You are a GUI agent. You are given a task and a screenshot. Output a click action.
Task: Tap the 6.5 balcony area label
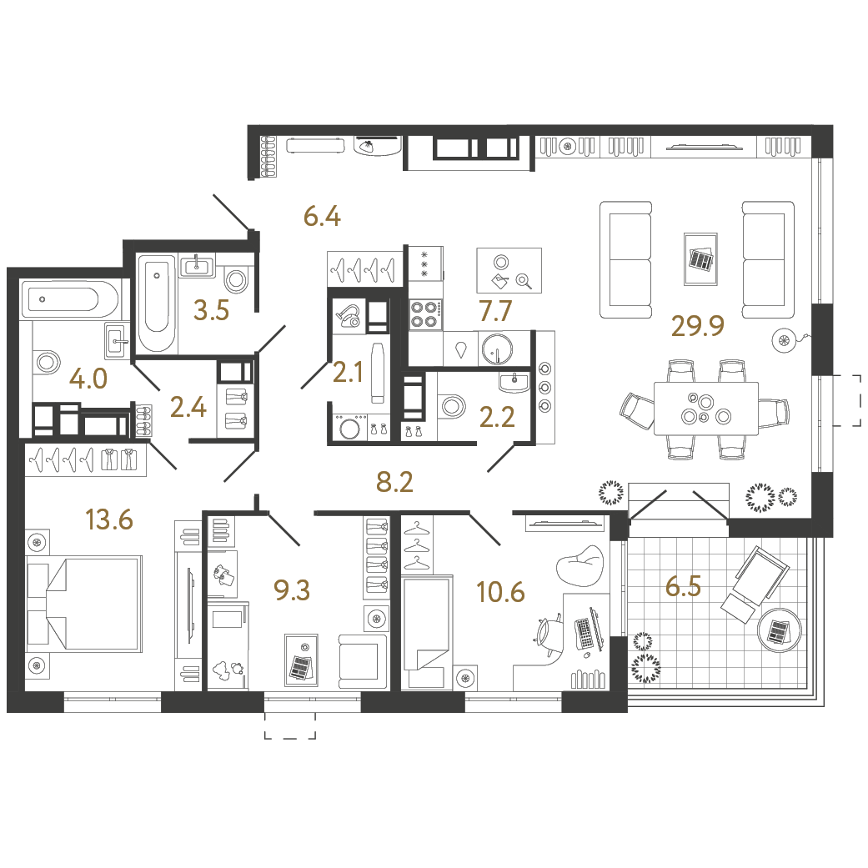tap(683, 586)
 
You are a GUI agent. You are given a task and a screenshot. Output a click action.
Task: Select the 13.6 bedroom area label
tap(109, 520)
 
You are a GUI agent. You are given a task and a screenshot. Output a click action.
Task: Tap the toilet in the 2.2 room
tap(451, 407)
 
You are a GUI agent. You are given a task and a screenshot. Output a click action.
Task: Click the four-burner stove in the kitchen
tap(424, 314)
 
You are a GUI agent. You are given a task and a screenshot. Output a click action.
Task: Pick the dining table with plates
tap(705, 408)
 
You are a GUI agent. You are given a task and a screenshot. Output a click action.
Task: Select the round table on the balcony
tap(780, 631)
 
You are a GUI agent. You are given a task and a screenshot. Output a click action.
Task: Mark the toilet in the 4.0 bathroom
tap(46, 362)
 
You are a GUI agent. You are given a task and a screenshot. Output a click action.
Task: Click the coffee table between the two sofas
tap(700, 259)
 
